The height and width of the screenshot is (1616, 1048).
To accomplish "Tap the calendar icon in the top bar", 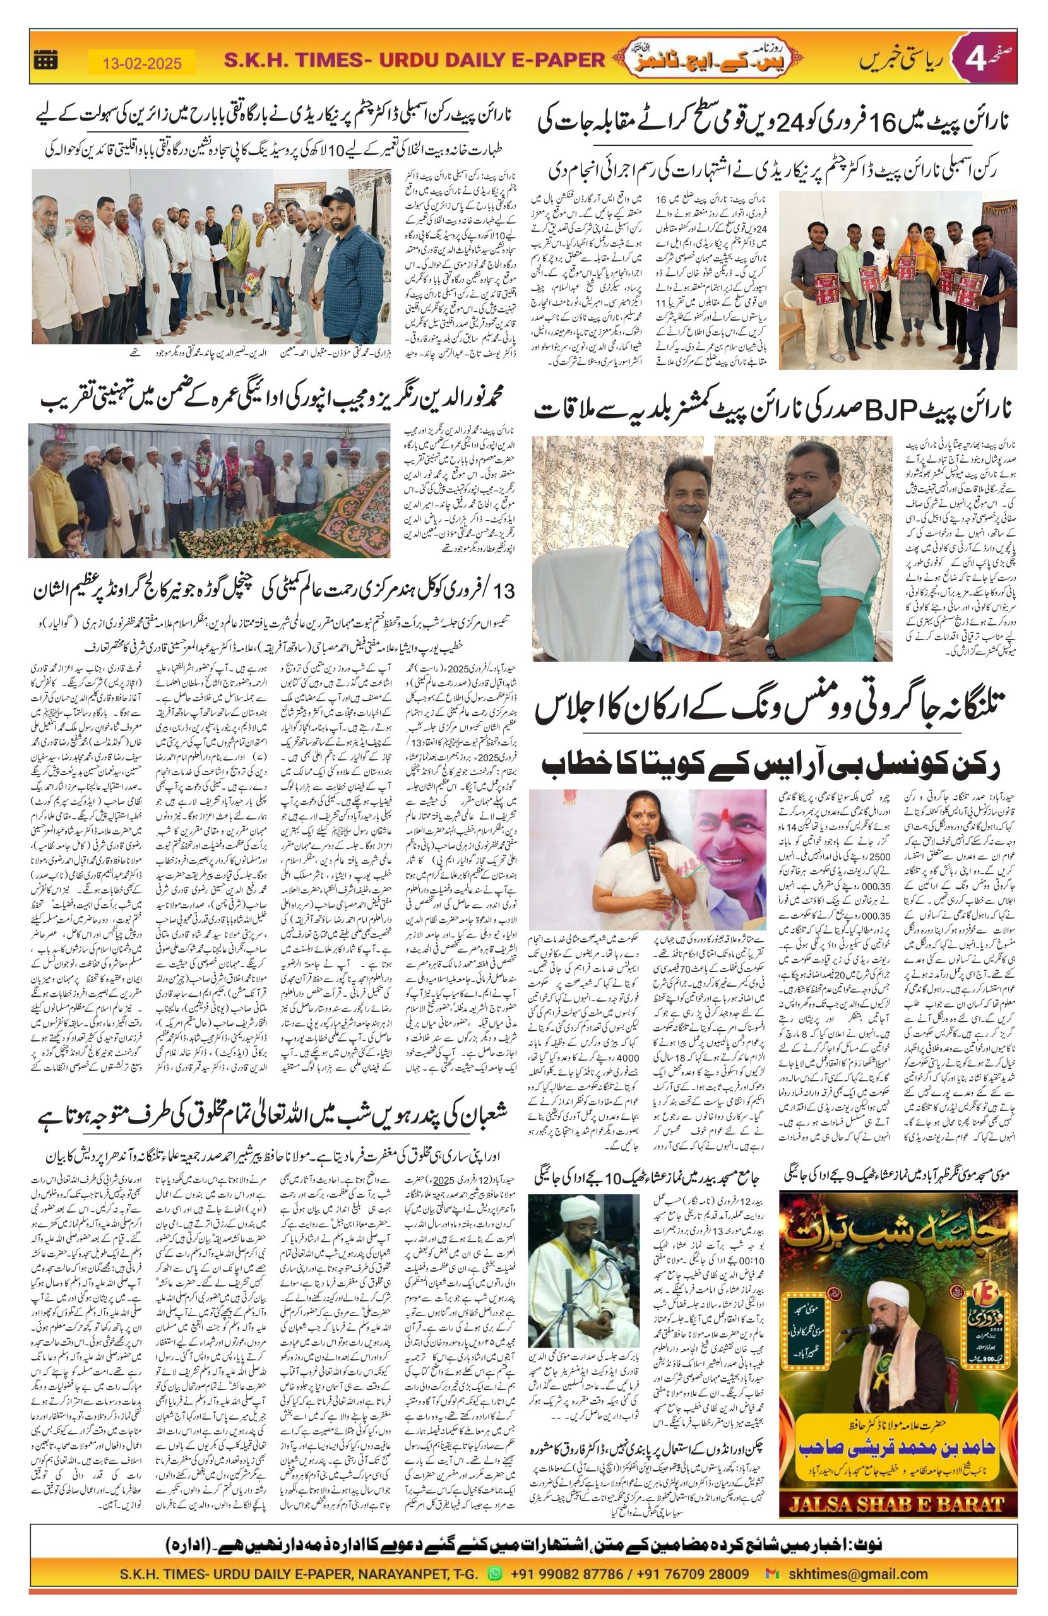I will click(x=45, y=61).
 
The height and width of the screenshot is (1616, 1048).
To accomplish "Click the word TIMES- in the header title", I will click(x=333, y=61).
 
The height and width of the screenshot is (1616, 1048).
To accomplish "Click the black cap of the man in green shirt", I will click(x=335, y=201).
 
